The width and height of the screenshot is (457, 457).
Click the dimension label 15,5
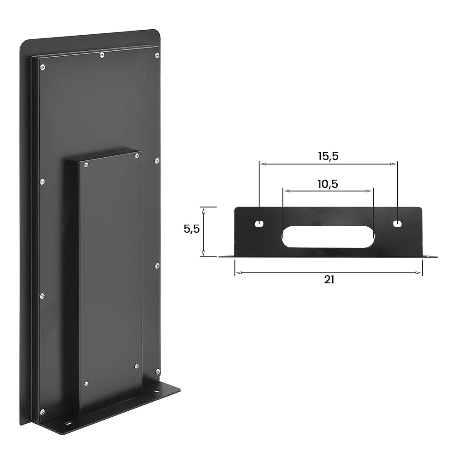[x=328, y=156]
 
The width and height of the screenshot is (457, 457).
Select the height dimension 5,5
[x=191, y=229]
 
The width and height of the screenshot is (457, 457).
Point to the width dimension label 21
[x=329, y=280]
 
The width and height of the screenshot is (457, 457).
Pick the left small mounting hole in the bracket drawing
[x=259, y=224]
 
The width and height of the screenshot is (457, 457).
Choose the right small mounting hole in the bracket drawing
[x=398, y=224]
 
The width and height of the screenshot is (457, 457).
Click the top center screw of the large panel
[x=101, y=55]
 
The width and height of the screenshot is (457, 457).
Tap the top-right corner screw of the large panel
[x=158, y=56]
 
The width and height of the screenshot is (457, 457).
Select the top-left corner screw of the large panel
[x=42, y=68]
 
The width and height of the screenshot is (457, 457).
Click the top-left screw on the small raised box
[x=85, y=164]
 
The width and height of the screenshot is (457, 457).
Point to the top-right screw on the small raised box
[x=137, y=156]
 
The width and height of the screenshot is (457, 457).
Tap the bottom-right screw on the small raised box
[x=137, y=366]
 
